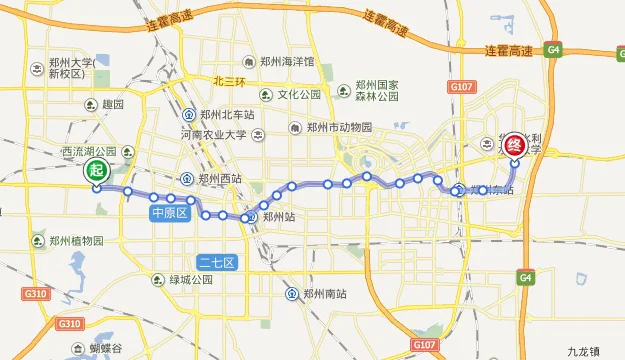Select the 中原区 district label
170,213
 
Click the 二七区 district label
216,263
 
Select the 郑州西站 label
220,179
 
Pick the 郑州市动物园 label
339,128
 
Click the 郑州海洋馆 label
287,61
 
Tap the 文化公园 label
299,95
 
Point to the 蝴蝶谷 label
103,348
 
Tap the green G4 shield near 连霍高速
554,49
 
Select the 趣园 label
112,104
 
